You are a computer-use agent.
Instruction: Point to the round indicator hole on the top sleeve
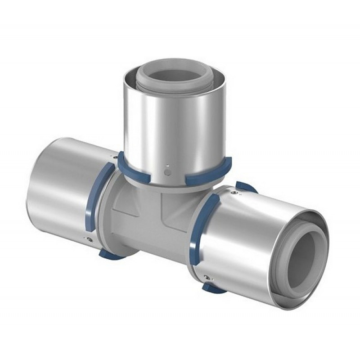[168, 171]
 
